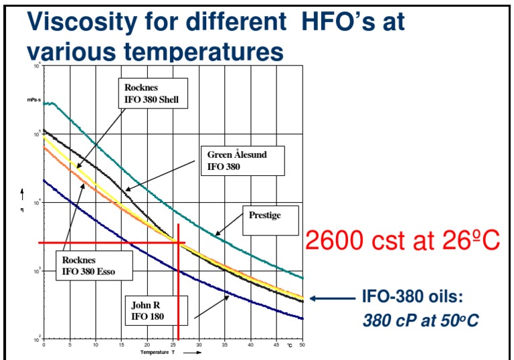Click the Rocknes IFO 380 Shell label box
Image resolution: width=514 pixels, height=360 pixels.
coord(152,94)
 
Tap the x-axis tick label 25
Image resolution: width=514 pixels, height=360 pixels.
coord(173,345)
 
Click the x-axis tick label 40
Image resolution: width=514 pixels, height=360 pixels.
coord(250,345)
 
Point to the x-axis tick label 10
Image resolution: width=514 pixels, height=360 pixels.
coord(96,345)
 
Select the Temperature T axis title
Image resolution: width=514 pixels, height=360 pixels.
coord(158,352)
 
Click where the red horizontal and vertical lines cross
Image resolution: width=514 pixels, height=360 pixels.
coord(178,242)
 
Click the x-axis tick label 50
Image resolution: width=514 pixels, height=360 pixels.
coord(302,345)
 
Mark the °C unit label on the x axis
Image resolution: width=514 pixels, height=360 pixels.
coord(290,345)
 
